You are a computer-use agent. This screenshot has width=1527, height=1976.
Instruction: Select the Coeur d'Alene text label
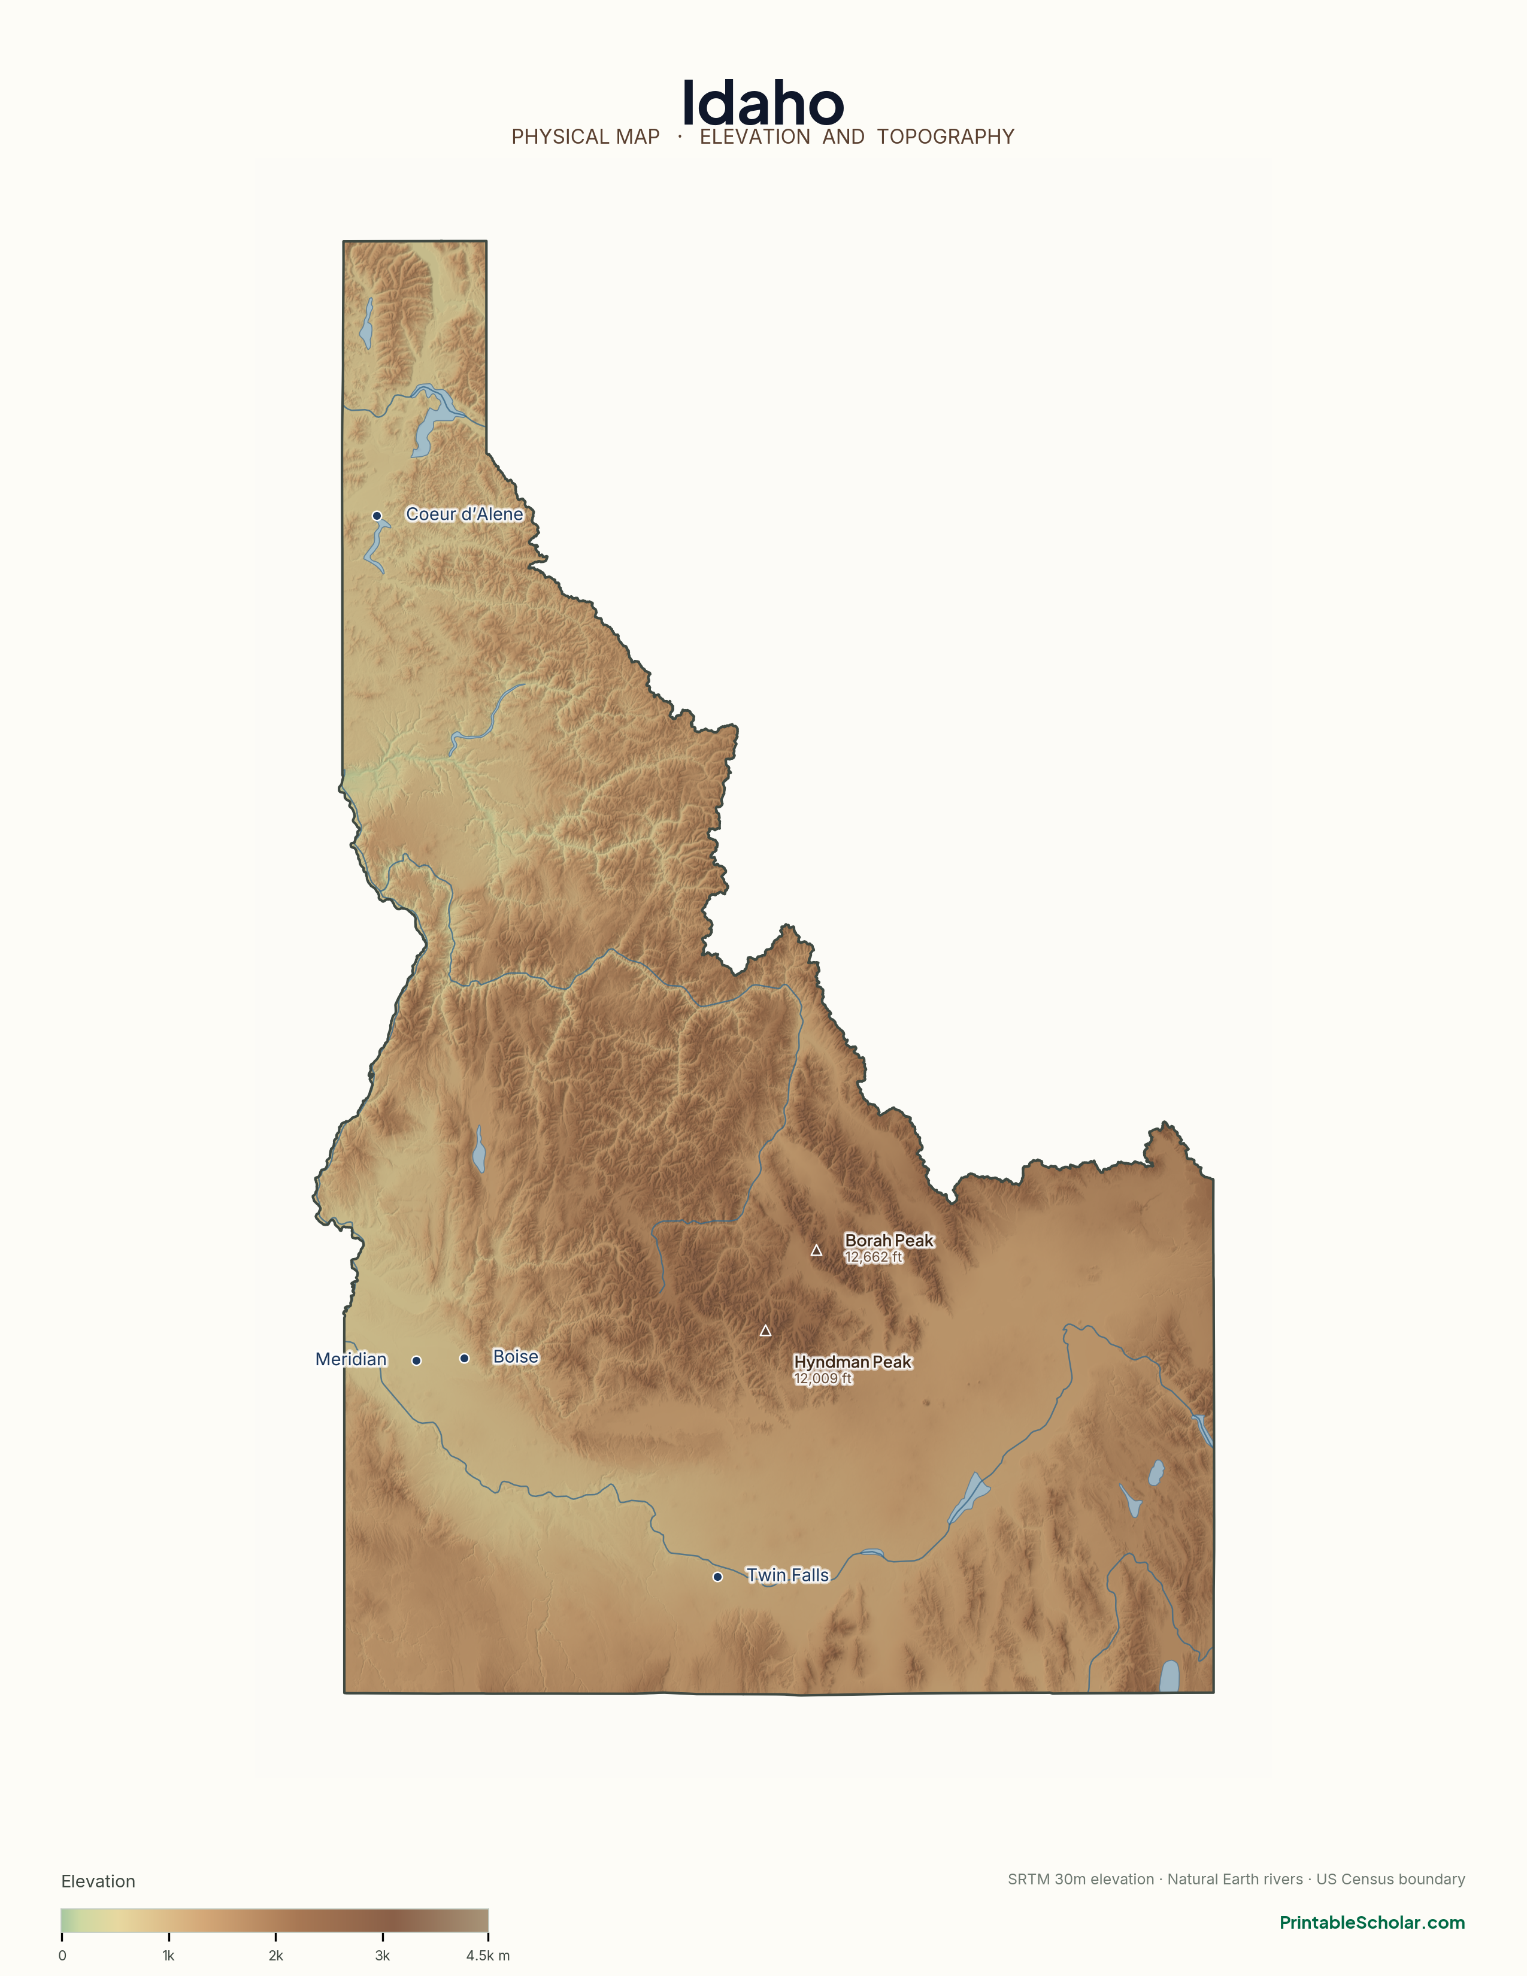[464, 514]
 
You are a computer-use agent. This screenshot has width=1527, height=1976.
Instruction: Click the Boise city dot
[464, 1358]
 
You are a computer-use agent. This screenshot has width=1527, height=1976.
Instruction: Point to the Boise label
[516, 1356]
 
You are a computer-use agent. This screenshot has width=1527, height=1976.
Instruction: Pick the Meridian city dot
[416, 1360]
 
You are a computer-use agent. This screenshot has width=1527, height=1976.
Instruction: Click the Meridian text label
[351, 1359]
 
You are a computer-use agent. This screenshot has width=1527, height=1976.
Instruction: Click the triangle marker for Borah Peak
[816, 1250]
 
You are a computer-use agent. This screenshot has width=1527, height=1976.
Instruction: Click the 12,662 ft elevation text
[873, 1257]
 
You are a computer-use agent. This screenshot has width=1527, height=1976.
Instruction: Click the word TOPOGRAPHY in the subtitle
[946, 137]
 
